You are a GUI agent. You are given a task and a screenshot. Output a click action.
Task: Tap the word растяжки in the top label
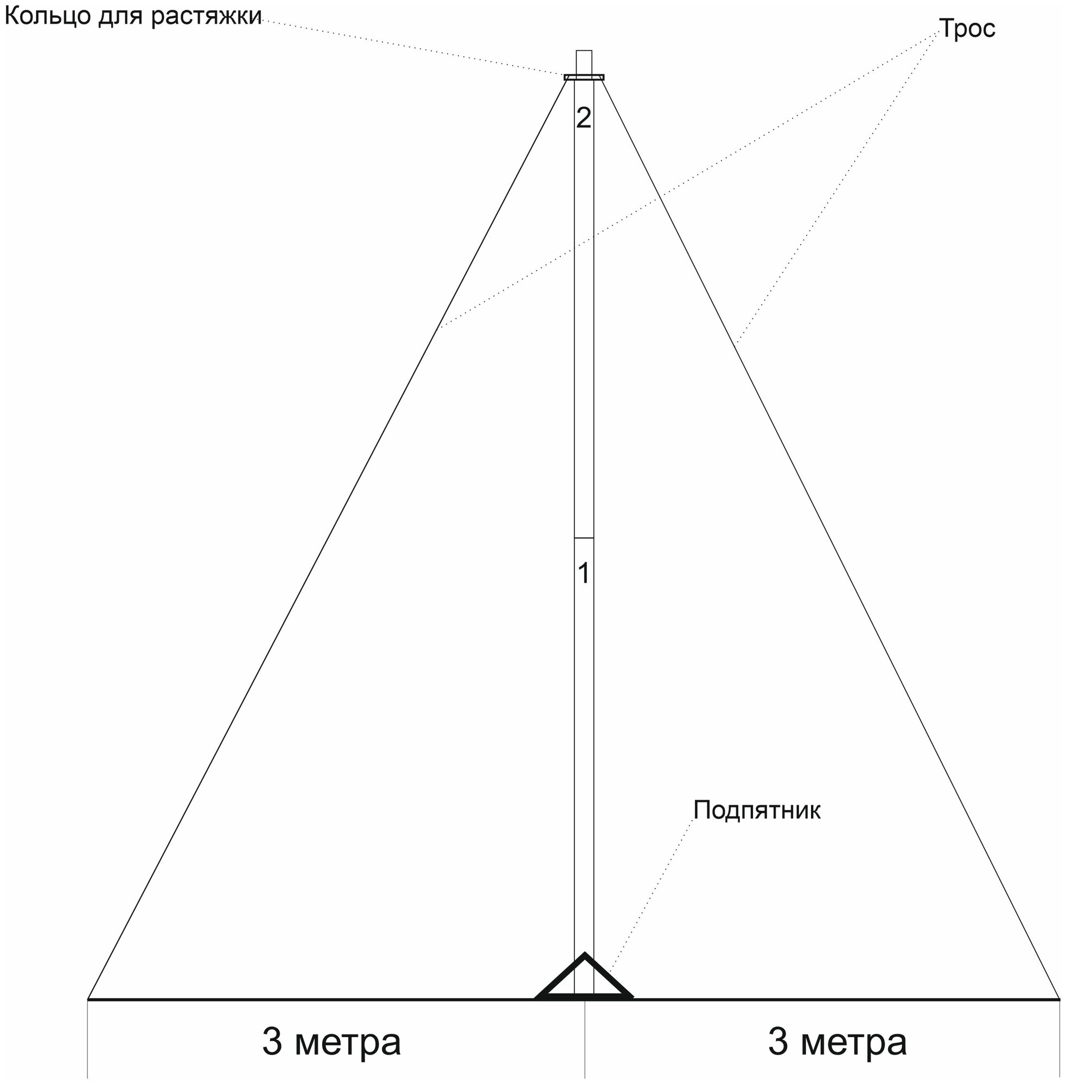point(206,17)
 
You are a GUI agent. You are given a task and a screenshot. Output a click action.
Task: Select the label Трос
point(967,29)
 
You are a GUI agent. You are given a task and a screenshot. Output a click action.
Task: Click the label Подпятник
point(756,810)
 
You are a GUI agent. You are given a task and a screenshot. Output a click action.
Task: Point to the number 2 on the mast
point(583,118)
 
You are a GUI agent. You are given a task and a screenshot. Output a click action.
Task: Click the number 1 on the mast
point(583,575)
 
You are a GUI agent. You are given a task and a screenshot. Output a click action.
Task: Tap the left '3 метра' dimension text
point(331,1042)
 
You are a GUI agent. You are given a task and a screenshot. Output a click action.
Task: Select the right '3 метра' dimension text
point(837,1042)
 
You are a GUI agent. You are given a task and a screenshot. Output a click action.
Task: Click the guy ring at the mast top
point(584,77)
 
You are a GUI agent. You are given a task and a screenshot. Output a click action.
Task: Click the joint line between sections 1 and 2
point(584,539)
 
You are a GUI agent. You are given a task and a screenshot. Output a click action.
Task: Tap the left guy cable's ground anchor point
point(88,998)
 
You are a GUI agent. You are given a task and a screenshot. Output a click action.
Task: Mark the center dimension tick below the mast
point(585,1042)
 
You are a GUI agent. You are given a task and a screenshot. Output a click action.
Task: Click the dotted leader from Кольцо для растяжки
point(414,48)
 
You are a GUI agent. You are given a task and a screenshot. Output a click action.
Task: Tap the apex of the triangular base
point(584,955)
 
